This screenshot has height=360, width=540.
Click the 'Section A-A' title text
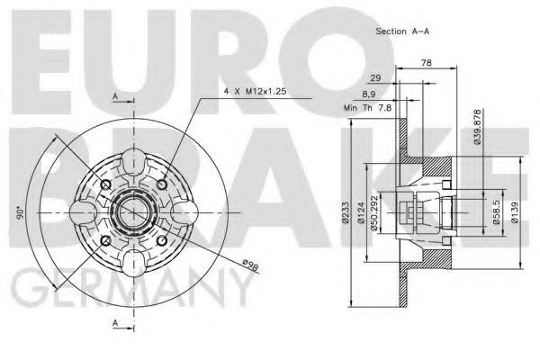pos(401,31)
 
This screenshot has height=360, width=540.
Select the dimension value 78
pos(425,63)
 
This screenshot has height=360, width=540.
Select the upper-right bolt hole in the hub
pos(161,184)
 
